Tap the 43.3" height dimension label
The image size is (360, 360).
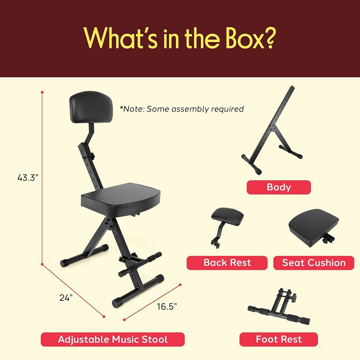click(28, 178)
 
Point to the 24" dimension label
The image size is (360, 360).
click(66, 298)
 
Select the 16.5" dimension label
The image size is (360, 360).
click(167, 307)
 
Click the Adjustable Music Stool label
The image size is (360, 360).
click(113, 339)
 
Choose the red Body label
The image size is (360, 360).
click(279, 187)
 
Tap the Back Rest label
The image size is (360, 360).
click(227, 262)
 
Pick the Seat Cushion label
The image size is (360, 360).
click(314, 262)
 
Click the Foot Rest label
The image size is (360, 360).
click(279, 339)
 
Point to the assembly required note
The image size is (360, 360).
click(182, 109)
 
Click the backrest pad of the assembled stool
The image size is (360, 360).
click(91, 107)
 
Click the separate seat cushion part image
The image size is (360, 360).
click(314, 228)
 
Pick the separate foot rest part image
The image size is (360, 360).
click(279, 307)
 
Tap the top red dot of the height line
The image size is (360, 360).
click(42, 92)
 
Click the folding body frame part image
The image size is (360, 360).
click(273, 130)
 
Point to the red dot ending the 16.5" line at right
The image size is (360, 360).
click(180, 285)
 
